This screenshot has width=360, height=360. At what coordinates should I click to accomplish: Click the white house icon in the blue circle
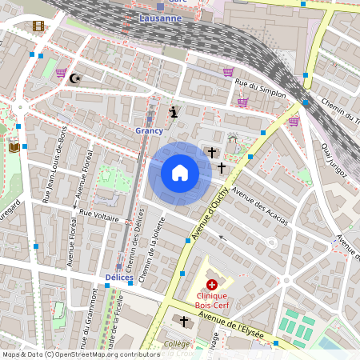[180, 172]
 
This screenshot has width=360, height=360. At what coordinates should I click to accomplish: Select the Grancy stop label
[149, 130]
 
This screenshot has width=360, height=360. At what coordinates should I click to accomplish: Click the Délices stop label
[118, 278]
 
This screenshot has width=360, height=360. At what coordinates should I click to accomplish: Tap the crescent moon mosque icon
[76, 78]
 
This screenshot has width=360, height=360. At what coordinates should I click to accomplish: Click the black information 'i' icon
[174, 111]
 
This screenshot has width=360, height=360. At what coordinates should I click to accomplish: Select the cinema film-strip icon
[38, 26]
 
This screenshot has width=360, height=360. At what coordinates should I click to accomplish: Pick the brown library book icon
[14, 146]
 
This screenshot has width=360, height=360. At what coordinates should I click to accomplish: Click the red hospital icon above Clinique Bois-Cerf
[211, 284]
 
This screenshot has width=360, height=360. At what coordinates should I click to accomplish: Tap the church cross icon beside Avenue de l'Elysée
[184, 321]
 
